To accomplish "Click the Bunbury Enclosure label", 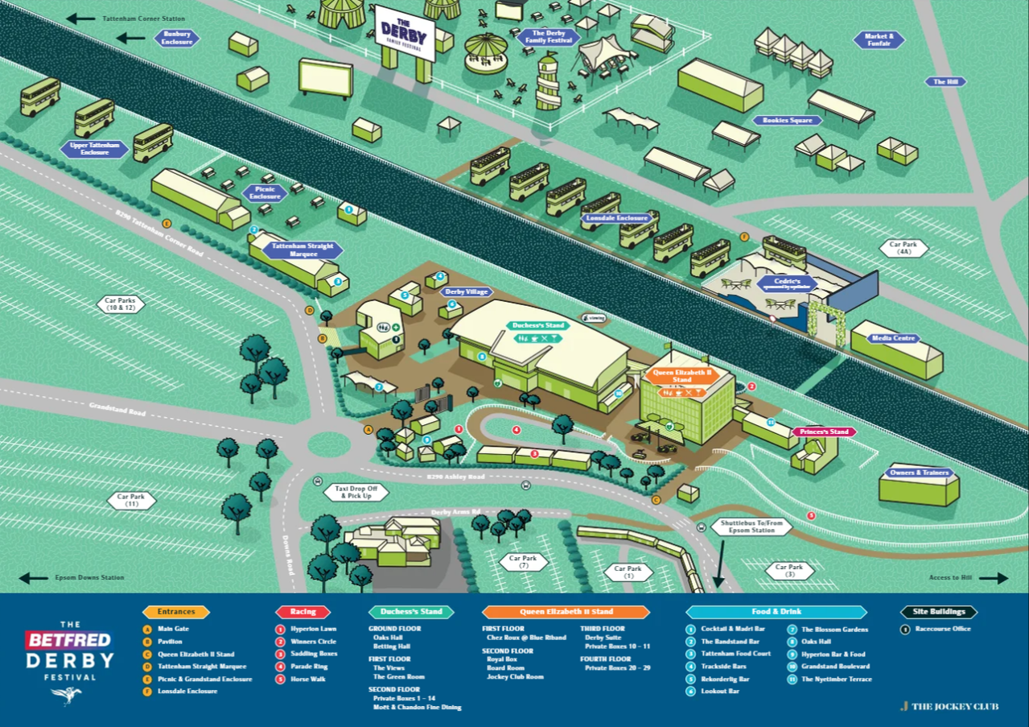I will (177, 38).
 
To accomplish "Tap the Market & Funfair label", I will (879, 39).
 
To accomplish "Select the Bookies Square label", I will (788, 120).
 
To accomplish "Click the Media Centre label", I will (894, 338).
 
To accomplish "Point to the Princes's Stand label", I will (824, 432).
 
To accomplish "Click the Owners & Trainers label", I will (919, 473).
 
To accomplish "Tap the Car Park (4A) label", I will (903, 248).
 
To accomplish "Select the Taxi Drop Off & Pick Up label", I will (356, 492).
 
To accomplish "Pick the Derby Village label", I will (466, 291).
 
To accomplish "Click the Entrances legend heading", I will (175, 612).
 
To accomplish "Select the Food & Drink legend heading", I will (776, 612).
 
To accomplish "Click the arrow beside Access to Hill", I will (993, 578).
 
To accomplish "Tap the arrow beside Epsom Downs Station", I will (34, 578).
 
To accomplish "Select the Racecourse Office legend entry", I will (942, 629).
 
